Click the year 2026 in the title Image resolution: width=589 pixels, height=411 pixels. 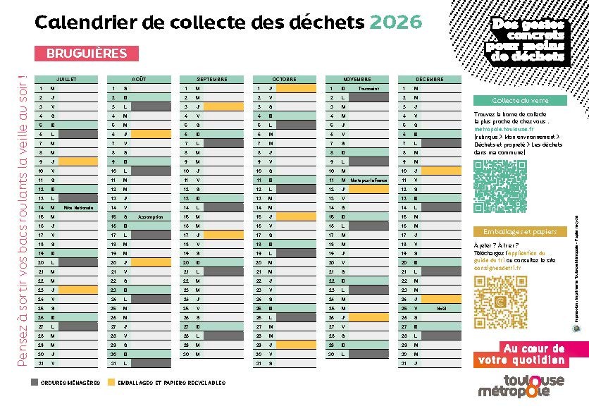(395, 23)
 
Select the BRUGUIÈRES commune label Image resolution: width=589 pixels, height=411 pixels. (87, 54)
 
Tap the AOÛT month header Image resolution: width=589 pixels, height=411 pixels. (138, 79)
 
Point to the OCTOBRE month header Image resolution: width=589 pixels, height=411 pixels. (284, 79)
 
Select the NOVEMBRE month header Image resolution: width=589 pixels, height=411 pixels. (356, 79)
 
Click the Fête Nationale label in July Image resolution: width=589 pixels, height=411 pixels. (77, 208)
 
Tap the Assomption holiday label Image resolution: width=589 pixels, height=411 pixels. (150, 217)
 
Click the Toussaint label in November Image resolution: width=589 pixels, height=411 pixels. (368, 89)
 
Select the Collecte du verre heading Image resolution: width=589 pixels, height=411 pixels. (520, 101)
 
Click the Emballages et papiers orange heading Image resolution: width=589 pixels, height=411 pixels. (520, 232)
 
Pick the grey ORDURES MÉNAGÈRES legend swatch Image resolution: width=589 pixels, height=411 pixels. (35, 382)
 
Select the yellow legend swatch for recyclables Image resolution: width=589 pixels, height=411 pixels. (110, 382)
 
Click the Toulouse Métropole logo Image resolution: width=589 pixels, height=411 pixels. (521, 386)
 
